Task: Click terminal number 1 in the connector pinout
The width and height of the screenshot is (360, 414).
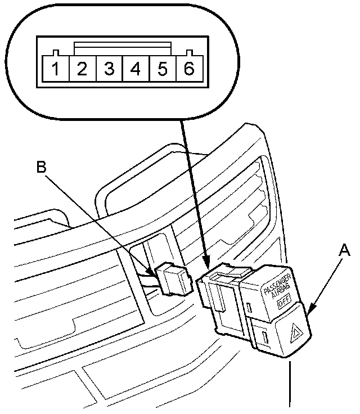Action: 55,70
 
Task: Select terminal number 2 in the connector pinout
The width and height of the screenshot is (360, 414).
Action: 82,70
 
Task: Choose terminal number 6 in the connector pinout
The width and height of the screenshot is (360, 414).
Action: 189,70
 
